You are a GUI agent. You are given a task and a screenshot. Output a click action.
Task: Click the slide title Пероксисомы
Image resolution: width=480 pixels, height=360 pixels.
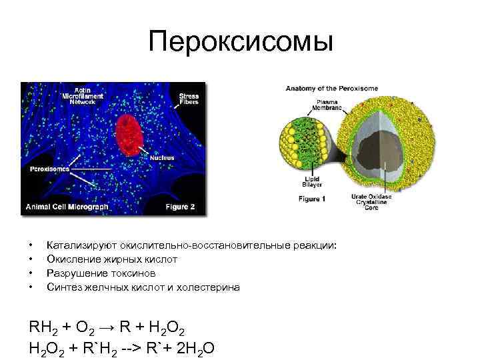point(239,43)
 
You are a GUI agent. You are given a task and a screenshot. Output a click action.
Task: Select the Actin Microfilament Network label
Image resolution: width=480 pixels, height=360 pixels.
point(88,95)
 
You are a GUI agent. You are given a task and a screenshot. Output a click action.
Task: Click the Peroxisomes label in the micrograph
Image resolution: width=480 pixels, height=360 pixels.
point(49,169)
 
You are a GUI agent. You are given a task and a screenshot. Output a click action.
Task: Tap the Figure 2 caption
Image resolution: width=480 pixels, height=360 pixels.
point(180,207)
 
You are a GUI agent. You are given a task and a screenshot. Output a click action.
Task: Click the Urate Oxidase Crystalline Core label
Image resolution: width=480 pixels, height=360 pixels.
point(371,202)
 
